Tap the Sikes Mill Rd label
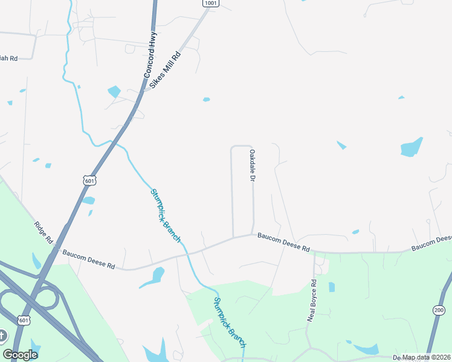click(x=166, y=70)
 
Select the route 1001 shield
click(x=210, y=3)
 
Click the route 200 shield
click(x=439, y=310)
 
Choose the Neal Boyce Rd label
click(x=312, y=300)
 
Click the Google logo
click(x=20, y=355)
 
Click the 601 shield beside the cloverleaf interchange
click(x=24, y=320)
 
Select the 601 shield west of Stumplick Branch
click(x=89, y=180)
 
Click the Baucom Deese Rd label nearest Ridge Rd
click(x=89, y=261)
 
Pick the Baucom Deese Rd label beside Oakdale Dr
click(x=283, y=243)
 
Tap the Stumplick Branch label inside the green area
click(x=230, y=322)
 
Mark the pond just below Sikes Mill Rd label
click(x=114, y=92)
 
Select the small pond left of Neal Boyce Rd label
click(x=332, y=287)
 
